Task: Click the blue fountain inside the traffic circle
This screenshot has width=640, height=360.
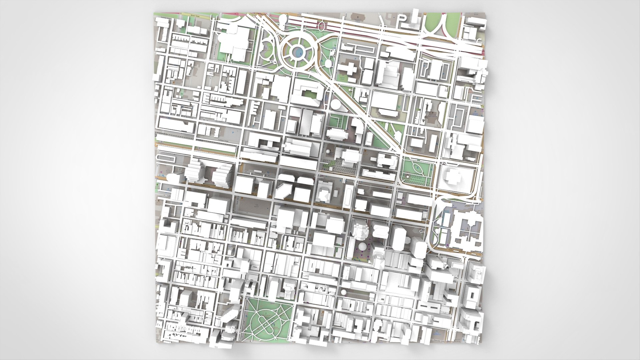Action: point(297,52)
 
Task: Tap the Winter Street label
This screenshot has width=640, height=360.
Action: point(199,16)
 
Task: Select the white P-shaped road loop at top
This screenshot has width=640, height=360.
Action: point(402,20)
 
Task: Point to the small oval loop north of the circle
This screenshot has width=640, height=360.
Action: point(322,25)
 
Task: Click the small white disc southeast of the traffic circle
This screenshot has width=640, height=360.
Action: point(328,63)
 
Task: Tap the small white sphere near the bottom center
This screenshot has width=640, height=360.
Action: point(344,292)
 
